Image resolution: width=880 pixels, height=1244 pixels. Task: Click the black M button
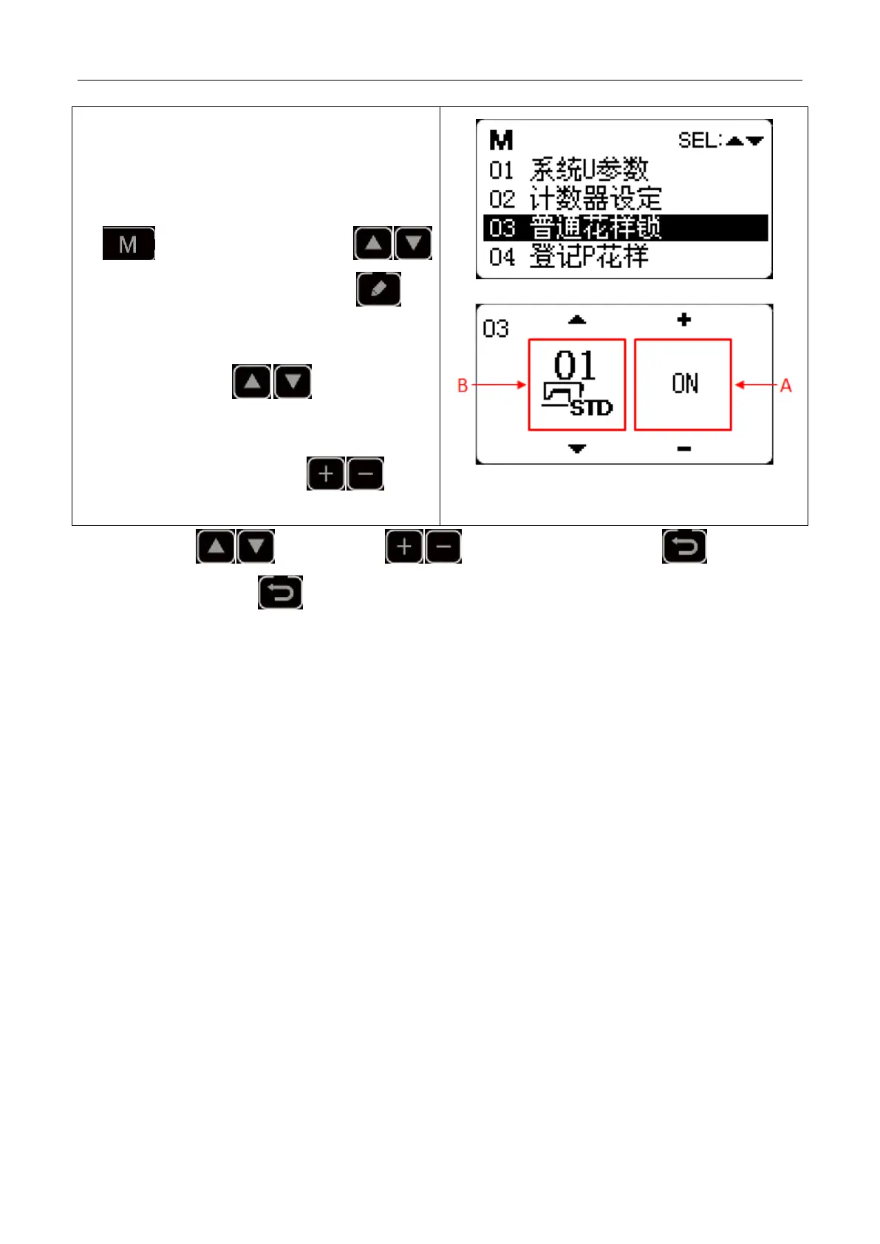128,244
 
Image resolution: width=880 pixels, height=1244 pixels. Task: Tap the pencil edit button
378,289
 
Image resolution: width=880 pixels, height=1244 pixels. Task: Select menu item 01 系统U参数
569,170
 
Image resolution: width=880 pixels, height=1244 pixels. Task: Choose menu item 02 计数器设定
575,199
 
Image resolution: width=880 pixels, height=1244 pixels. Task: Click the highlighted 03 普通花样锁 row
625,228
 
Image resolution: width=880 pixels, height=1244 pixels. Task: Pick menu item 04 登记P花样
568,256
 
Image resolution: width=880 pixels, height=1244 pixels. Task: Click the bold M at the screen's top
501,140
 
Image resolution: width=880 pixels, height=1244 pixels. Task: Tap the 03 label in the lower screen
495,329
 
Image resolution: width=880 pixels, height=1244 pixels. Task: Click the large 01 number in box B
574,366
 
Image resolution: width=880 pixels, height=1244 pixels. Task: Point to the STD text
592,408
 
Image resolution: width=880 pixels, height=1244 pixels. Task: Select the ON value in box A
685,383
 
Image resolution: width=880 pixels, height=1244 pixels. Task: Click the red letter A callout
785,385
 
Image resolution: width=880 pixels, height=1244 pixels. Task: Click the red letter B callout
463,385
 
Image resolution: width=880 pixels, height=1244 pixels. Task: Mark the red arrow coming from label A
756,385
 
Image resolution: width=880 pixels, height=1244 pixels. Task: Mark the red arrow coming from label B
499,385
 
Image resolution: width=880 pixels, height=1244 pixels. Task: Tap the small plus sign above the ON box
684,320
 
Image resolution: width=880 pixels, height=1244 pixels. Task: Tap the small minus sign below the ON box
684,448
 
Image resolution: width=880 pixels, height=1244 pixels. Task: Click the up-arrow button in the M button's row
372,244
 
